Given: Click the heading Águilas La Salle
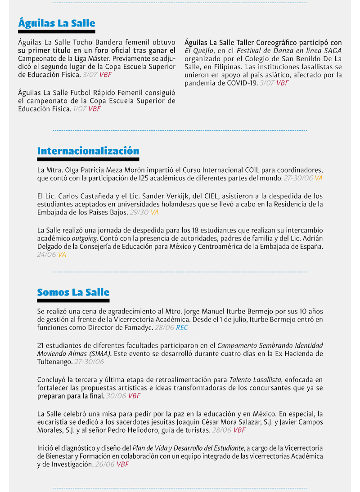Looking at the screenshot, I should click(57, 23).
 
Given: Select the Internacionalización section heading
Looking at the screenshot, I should click(88, 151).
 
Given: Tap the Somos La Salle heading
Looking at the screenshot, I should click(73, 292).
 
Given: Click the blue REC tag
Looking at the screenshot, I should click(182, 328).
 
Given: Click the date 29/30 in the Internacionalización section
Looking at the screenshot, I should click(139, 212).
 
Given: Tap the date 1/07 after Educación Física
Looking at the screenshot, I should click(80, 109).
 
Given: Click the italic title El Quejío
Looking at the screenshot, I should click(198, 50).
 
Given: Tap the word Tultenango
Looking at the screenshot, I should click(54, 362).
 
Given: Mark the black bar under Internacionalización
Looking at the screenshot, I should click(88, 159).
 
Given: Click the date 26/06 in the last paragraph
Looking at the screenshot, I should click(105, 464).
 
